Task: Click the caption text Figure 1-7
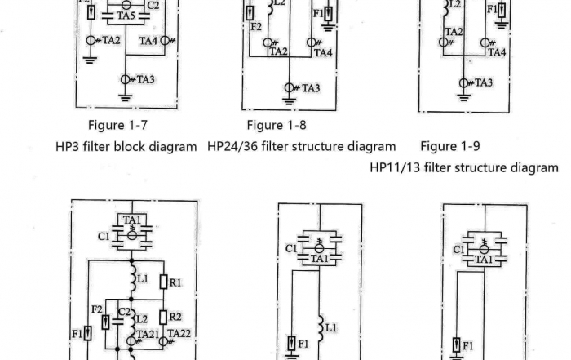118,126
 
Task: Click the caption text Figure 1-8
277,126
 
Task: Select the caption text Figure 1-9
450,147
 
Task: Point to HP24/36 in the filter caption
233,147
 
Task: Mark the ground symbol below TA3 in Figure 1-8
288,102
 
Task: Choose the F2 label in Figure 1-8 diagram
256,27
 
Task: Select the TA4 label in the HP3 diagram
149,40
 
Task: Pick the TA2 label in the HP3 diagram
111,40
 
